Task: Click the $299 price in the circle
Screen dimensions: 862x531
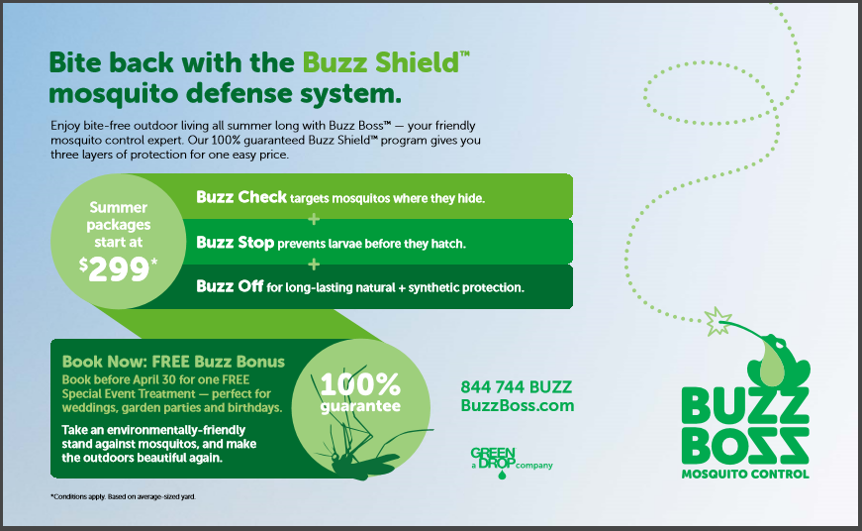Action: click(118, 269)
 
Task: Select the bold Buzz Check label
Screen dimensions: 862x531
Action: click(241, 197)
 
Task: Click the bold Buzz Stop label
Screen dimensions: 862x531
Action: click(236, 243)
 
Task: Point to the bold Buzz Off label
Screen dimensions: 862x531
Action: click(230, 286)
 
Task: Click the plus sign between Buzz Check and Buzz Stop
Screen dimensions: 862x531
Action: click(314, 220)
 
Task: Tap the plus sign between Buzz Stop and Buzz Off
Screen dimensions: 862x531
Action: click(314, 265)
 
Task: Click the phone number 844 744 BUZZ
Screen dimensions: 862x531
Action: click(517, 387)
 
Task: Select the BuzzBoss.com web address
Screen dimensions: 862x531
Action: click(518, 405)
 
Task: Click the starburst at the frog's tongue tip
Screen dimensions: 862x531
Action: click(718, 321)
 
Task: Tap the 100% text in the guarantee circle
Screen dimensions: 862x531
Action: click(360, 384)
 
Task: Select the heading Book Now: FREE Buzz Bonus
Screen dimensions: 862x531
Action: click(174, 362)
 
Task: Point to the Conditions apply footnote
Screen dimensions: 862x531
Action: click(123, 496)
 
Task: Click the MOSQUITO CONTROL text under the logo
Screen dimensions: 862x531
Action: click(745, 474)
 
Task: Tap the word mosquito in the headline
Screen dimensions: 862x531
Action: click(115, 94)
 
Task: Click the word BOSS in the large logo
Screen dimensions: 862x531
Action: click(745, 445)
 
